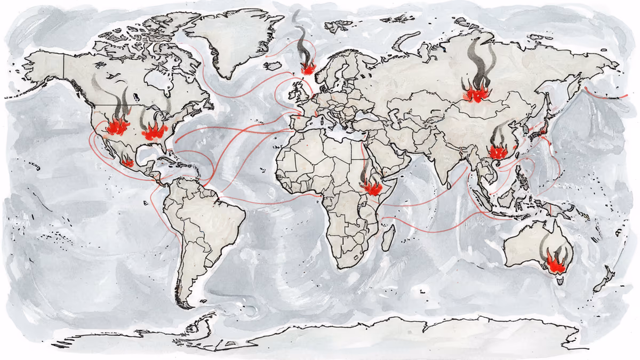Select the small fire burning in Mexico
pyautogui.click(x=127, y=162)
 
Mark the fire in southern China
pyautogui.click(x=499, y=151)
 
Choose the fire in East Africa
pyautogui.click(x=371, y=187)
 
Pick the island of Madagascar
pyautogui.click(x=391, y=235)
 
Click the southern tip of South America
pyautogui.click(x=184, y=306)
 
